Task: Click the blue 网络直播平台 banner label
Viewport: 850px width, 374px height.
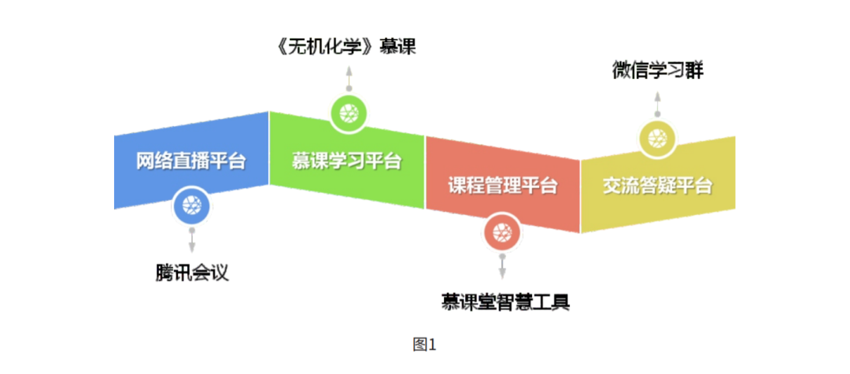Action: point(190,161)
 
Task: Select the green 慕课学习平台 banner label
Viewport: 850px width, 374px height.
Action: point(347,161)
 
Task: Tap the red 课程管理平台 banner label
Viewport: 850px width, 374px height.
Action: point(503,186)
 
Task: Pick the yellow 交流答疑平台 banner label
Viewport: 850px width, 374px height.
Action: point(657,186)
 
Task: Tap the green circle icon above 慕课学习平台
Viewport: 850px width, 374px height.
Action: point(347,115)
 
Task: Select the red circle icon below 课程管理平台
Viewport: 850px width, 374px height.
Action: point(503,232)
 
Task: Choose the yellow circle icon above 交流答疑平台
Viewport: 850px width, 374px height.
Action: point(657,140)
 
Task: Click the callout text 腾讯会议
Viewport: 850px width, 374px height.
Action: point(191,272)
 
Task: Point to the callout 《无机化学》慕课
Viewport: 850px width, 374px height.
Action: point(347,47)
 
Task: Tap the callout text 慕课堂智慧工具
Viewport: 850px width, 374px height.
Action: point(504,302)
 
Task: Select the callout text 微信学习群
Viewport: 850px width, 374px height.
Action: point(658,70)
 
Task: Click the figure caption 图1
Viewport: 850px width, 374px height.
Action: point(424,344)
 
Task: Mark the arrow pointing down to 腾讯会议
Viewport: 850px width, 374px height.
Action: point(191,241)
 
